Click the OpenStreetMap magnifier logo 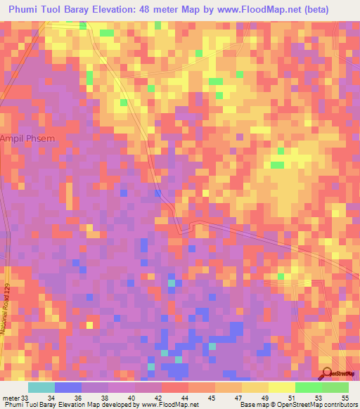326,374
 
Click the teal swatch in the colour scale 41,387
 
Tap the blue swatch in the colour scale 68,387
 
